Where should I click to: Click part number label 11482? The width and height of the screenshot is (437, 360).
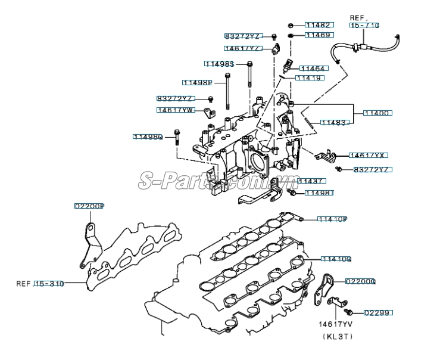(319, 26)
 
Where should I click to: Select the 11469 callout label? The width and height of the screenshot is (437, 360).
(319, 36)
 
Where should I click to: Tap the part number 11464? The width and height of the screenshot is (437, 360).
(313, 69)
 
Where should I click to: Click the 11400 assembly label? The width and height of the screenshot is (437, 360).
(377, 113)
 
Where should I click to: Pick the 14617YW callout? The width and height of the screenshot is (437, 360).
(176, 110)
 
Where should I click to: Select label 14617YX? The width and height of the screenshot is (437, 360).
(368, 155)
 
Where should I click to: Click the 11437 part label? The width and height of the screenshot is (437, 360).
(311, 181)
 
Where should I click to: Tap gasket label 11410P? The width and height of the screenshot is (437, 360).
(332, 219)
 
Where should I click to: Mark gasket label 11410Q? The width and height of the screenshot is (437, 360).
(336, 259)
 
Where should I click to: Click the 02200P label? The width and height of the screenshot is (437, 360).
(89, 206)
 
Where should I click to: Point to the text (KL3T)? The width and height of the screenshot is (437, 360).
(339, 337)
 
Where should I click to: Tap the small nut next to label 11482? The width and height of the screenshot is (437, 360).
(290, 26)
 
